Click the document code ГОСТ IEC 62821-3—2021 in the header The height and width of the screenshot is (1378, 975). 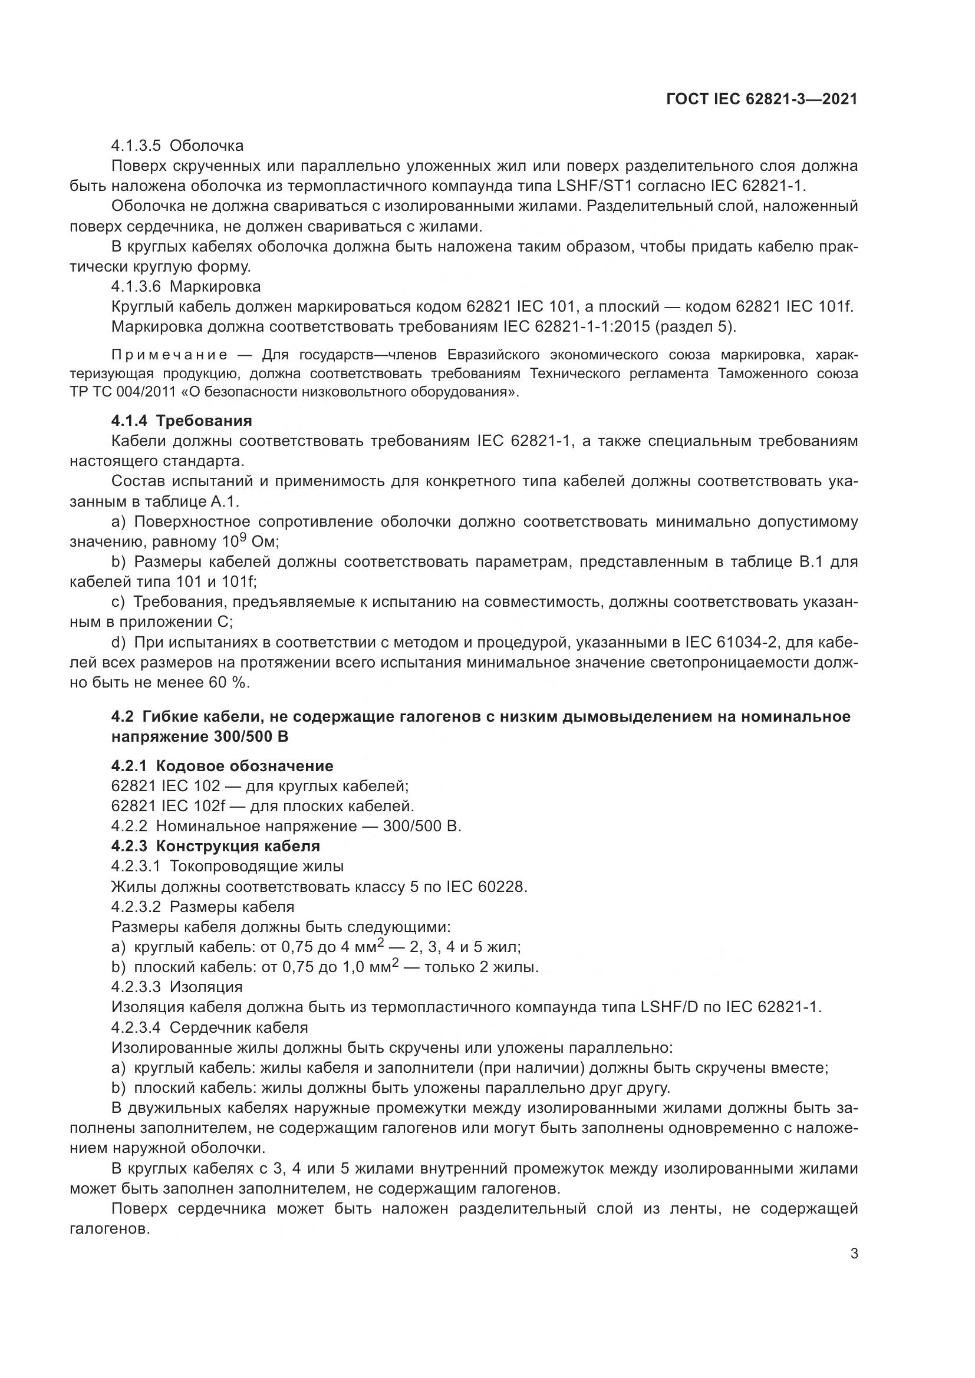(x=761, y=100)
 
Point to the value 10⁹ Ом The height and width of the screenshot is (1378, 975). (x=251, y=542)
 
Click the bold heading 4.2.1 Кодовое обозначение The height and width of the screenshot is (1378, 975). (x=222, y=766)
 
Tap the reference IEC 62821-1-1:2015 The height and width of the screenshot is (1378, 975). (x=575, y=327)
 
